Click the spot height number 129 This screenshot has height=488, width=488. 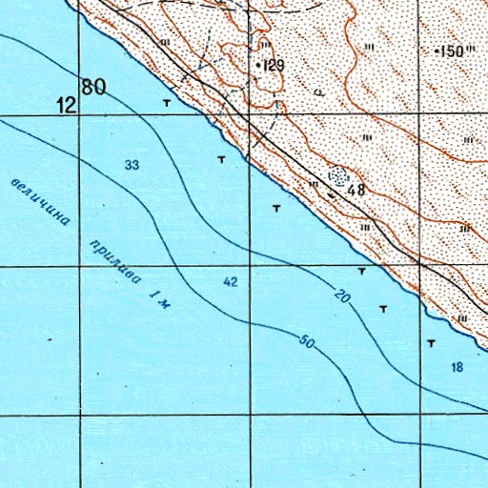pyautogui.click(x=274, y=65)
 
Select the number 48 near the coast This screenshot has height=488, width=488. pyautogui.click(x=356, y=190)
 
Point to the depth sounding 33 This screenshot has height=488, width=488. pyautogui.click(x=132, y=166)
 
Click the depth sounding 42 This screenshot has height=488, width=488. pyautogui.click(x=230, y=282)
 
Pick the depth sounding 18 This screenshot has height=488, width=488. pyautogui.click(x=457, y=368)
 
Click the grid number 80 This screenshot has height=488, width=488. pyautogui.click(x=93, y=88)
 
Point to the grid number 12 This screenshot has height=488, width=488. pyautogui.click(x=66, y=105)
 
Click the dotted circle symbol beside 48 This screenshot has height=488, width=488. pyautogui.click(x=338, y=176)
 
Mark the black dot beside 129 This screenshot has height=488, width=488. pyautogui.click(x=259, y=64)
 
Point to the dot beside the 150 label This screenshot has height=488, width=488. pyautogui.click(x=437, y=50)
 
